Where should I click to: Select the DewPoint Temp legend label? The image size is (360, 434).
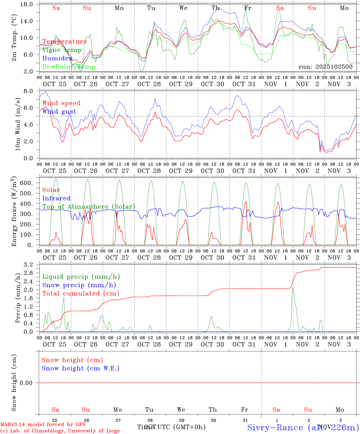click(x=69, y=67)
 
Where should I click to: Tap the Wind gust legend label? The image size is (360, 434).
click(x=59, y=112)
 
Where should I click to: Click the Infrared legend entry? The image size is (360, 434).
click(x=56, y=198)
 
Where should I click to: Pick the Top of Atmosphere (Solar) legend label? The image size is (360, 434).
click(x=89, y=207)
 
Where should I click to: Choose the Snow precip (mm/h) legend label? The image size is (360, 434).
click(x=79, y=285)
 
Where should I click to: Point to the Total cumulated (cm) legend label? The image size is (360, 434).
click(x=81, y=294)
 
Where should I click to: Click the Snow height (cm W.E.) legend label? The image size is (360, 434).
click(x=81, y=368)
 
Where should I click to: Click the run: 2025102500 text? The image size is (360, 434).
click(x=325, y=67)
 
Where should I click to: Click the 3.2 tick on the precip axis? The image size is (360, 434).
click(x=32, y=265)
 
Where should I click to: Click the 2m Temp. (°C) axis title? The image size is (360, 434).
click(x=14, y=41)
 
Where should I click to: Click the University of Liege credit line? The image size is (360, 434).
click(x=60, y=431)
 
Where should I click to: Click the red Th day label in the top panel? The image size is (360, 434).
click(x=215, y=8)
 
